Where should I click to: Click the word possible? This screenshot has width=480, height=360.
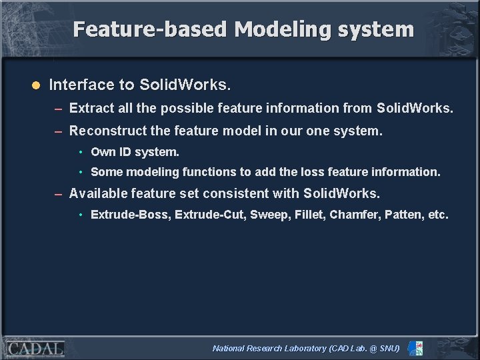pos(187,108)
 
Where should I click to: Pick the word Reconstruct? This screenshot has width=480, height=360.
pos(107,131)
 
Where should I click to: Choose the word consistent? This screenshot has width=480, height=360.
pos(238,194)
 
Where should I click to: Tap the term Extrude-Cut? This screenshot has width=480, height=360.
pos(209,215)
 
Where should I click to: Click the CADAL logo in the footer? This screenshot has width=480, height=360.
pos(35,348)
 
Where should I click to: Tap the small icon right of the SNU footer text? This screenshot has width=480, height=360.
pos(415,348)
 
